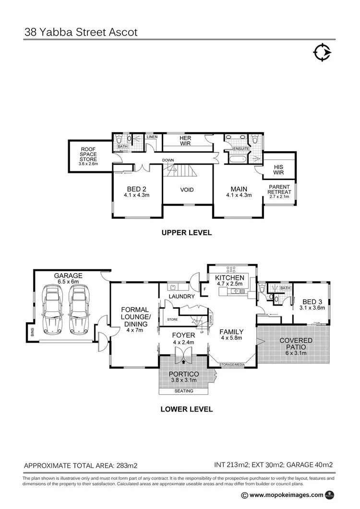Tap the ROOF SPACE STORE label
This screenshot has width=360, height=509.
point(89,154)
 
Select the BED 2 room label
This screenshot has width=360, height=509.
point(137,189)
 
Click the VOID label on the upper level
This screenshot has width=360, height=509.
point(187,190)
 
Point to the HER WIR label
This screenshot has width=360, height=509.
point(185,140)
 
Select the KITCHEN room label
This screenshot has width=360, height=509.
point(229,278)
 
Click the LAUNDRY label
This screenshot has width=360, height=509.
point(181,296)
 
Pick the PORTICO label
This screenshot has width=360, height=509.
point(184,374)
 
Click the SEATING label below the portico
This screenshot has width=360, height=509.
point(183,391)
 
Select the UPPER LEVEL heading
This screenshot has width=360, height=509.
point(187,232)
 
